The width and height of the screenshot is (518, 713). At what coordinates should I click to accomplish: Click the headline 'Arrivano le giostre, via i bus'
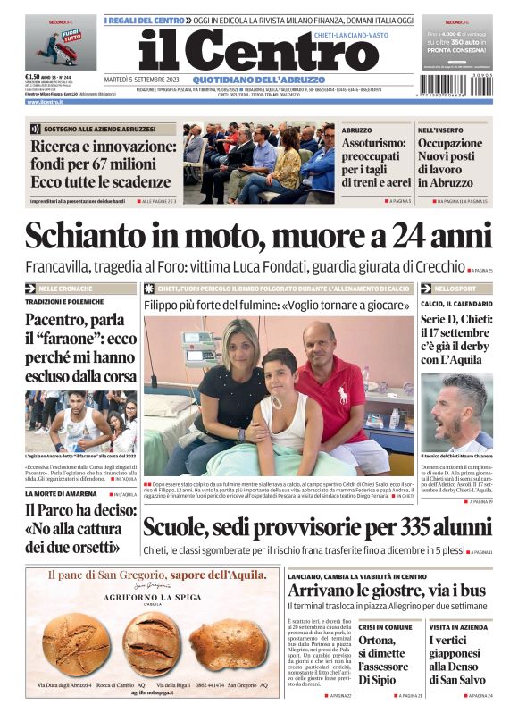coord(387,590)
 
